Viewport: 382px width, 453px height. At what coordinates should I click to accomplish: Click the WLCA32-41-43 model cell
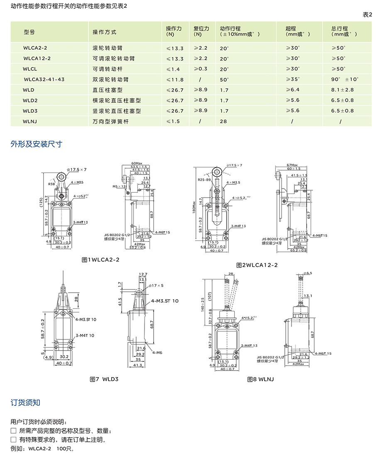tap(44, 79)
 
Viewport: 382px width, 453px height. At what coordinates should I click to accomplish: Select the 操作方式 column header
tap(104, 32)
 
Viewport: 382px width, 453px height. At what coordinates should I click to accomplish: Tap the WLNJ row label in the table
tap(32, 121)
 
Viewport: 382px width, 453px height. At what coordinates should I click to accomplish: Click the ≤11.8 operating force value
tap(175, 79)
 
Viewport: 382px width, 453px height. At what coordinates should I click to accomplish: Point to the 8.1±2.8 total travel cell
tap(343, 90)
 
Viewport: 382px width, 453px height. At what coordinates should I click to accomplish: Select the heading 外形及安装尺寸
tap(37, 144)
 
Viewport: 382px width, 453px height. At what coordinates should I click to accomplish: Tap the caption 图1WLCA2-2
tap(100, 259)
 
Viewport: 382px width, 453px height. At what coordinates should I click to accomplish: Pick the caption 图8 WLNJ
tap(260, 379)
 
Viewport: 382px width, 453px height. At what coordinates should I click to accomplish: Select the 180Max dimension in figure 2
tap(194, 207)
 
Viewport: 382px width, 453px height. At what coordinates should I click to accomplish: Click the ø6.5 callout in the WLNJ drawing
tap(308, 274)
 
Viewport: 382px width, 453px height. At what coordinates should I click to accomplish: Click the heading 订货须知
tap(25, 402)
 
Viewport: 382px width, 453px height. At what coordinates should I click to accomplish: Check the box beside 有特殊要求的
tap(13, 440)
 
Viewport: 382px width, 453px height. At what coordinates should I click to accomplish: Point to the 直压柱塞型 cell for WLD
tap(108, 90)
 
